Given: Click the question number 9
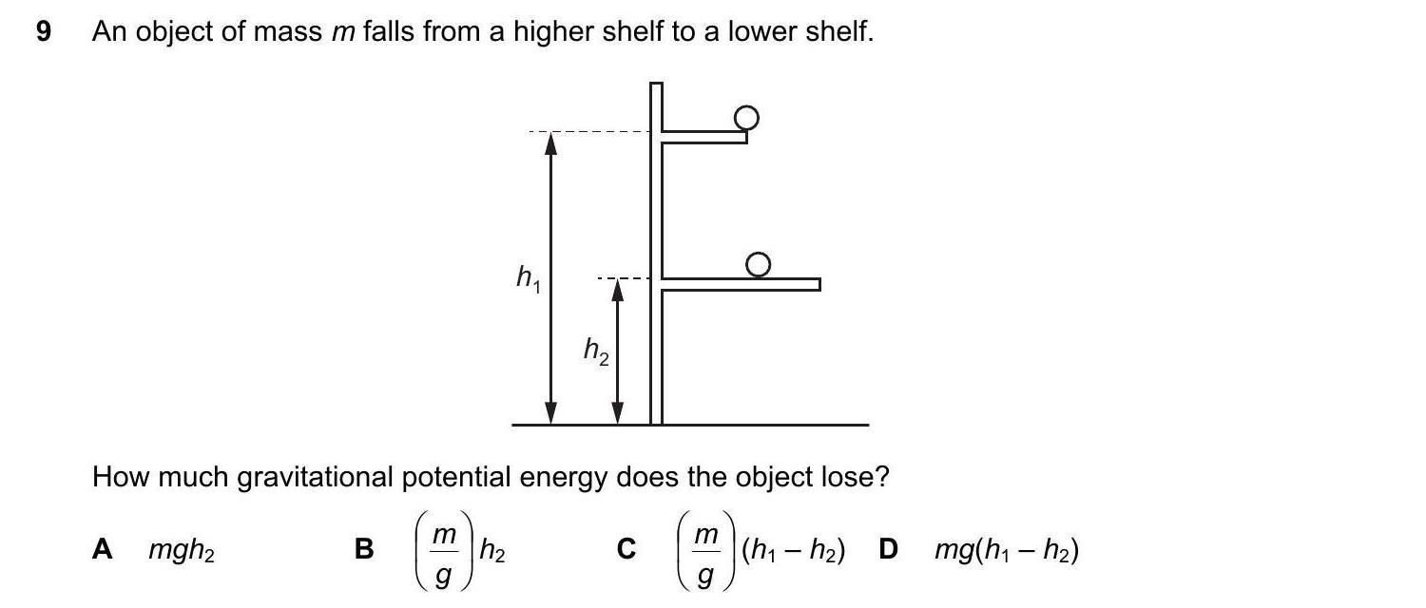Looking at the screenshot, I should pos(42,32).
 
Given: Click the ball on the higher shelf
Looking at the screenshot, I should pos(747,117).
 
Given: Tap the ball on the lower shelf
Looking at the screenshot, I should pos(758,265).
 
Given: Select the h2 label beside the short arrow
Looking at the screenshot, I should pos(596,352).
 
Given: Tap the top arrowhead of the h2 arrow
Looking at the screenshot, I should pos(617,288).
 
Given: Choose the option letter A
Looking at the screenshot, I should pos(102,549).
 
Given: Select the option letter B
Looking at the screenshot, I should pos(363,549).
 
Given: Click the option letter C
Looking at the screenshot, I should pos(626,549).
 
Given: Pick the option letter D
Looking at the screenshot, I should pos(889,549).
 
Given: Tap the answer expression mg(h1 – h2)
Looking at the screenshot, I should pos(1006,550).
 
